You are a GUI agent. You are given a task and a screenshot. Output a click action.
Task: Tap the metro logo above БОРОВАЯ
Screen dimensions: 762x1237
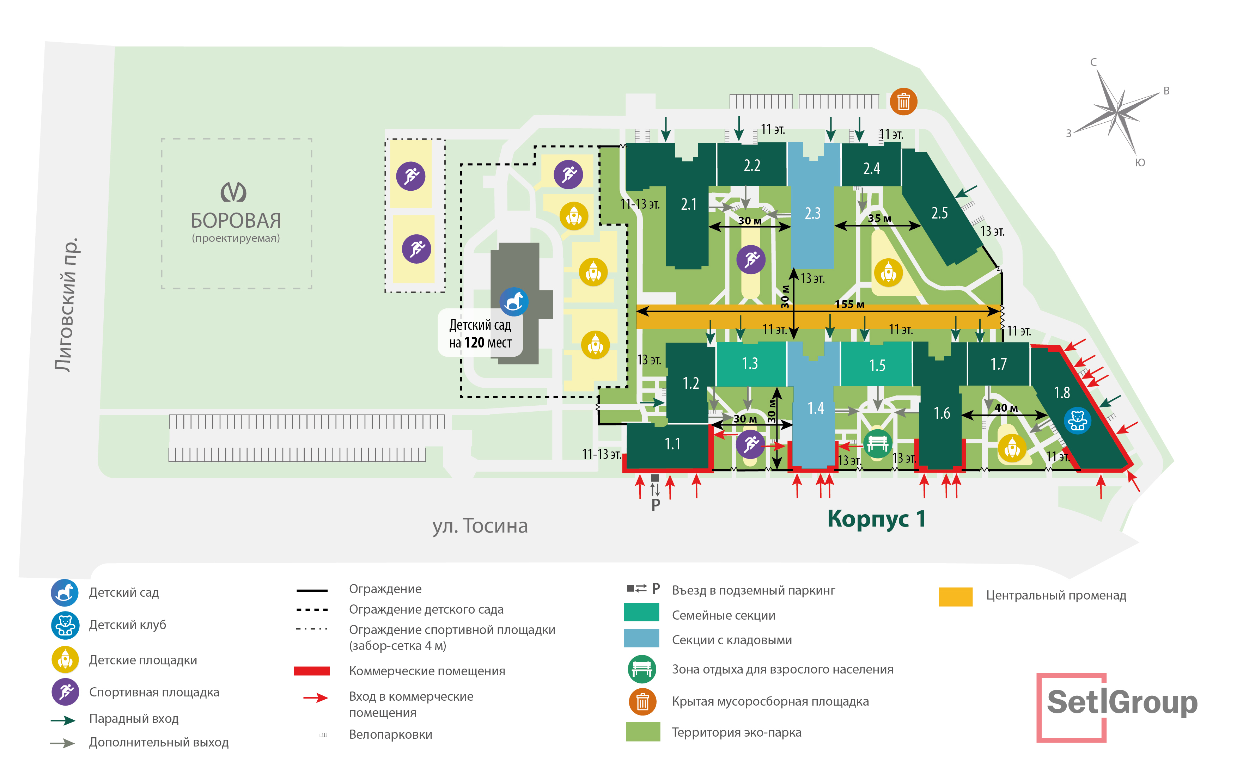click(x=233, y=192)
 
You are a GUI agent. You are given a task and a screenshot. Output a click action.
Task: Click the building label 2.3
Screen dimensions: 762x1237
click(x=812, y=213)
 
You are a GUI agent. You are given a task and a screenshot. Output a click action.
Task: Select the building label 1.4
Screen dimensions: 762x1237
click(x=815, y=408)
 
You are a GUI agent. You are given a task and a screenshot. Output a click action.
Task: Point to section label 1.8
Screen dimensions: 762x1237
click(x=1062, y=393)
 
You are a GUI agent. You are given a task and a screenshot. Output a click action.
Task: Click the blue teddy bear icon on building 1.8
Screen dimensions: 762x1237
click(x=1077, y=420)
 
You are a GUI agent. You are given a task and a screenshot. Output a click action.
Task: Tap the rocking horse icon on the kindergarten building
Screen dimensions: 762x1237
click(x=514, y=301)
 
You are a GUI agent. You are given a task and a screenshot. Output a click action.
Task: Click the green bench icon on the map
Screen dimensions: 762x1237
click(x=878, y=443)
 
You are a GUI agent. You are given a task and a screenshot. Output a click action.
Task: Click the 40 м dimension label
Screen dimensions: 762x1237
click(x=1006, y=408)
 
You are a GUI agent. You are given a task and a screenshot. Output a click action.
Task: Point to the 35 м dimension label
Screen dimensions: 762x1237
click(x=879, y=218)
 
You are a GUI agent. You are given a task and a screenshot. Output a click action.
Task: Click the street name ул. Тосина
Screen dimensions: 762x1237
click(x=480, y=526)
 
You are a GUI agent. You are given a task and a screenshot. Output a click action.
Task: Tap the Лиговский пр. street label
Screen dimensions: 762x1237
click(x=67, y=305)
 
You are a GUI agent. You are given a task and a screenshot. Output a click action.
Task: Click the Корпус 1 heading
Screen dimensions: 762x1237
click(x=876, y=518)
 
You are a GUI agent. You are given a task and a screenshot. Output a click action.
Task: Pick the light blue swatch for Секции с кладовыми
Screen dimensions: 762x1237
click(x=641, y=639)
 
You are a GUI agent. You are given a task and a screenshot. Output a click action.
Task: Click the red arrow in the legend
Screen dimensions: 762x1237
click(x=316, y=698)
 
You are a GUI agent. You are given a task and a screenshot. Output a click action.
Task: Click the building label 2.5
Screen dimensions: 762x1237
click(x=939, y=213)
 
